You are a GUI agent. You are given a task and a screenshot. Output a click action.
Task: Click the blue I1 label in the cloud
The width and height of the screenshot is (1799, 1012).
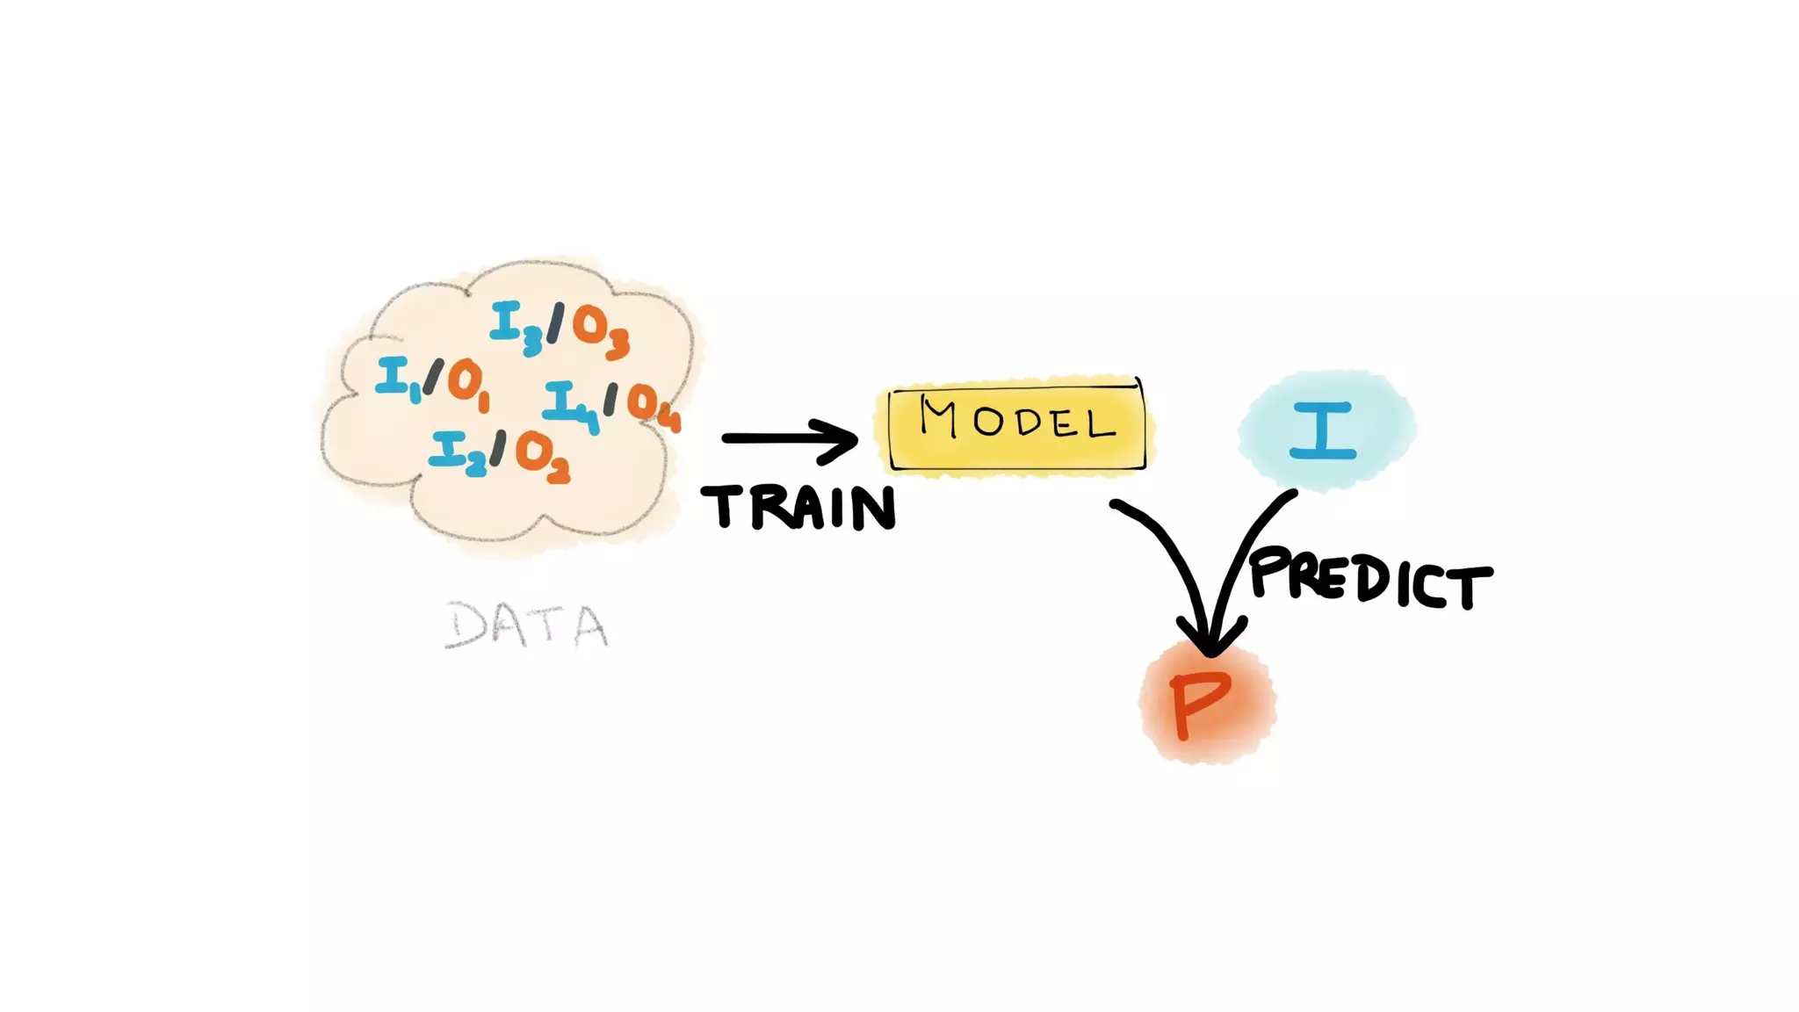tap(396, 379)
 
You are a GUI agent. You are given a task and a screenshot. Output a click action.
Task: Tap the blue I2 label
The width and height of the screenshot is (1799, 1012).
tap(457, 453)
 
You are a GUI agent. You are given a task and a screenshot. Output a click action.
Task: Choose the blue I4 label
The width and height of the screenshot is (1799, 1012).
tap(569, 405)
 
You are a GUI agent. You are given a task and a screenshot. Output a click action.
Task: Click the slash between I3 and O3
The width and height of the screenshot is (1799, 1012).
tap(555, 323)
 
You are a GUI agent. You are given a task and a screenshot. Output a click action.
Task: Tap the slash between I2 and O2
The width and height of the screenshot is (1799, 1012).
tap(497, 448)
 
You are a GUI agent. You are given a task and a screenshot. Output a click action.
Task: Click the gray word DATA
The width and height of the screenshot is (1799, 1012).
tap(526, 625)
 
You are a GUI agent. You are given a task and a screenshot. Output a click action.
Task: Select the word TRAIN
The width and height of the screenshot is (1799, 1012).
tap(798, 508)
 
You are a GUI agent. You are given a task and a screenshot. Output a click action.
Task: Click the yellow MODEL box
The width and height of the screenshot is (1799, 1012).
tap(1016, 426)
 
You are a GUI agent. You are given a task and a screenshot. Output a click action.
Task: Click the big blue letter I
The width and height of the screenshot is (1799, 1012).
tap(1323, 430)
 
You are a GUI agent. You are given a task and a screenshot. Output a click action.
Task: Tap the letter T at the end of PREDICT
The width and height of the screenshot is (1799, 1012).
tap(1470, 587)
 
